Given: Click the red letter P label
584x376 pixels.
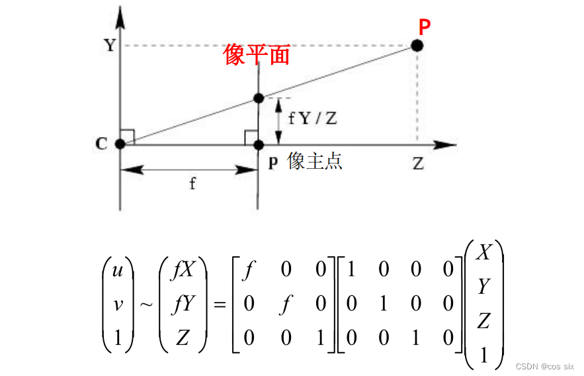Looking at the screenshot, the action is pyautogui.click(x=425, y=27).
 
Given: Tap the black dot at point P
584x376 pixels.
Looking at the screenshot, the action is pyautogui.click(x=417, y=46).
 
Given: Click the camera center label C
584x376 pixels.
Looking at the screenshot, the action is pyautogui.click(x=102, y=144).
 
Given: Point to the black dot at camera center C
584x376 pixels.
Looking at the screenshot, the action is pyautogui.click(x=120, y=144).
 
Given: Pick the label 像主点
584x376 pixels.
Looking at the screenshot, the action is pyautogui.click(x=315, y=162).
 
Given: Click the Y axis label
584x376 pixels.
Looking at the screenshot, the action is pyautogui.click(x=109, y=46).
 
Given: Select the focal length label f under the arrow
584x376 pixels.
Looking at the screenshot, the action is pyautogui.click(x=192, y=183).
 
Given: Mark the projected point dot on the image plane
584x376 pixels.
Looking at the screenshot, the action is pyautogui.click(x=258, y=98).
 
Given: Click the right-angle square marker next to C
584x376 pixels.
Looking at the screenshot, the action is pyautogui.click(x=128, y=136).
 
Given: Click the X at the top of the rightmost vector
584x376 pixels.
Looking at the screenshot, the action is pyautogui.click(x=485, y=252).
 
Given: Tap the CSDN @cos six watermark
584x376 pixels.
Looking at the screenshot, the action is pyautogui.click(x=545, y=365).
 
